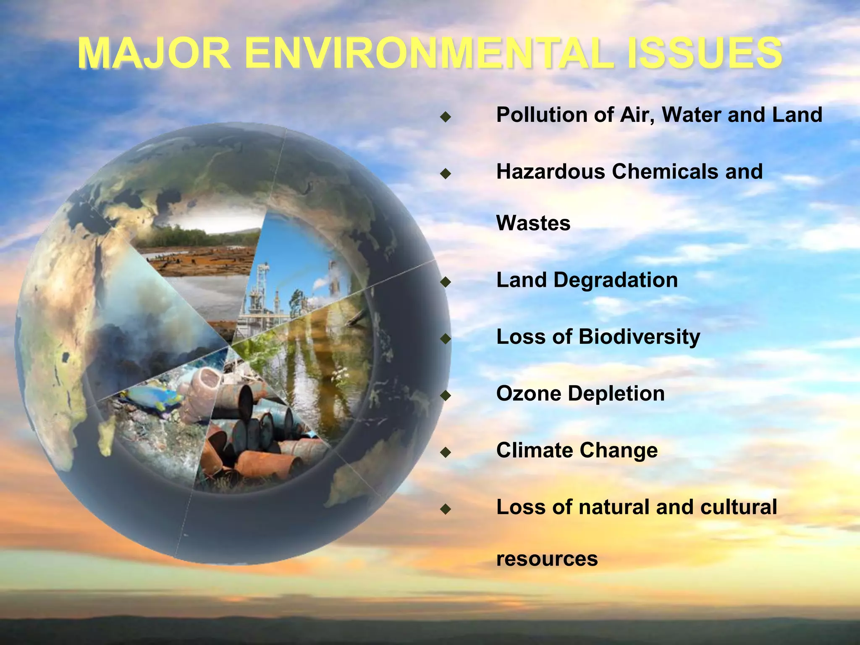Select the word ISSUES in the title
pyautogui.click(x=704, y=53)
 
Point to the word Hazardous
pyautogui.click(x=551, y=172)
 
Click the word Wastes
pyautogui.click(x=533, y=223)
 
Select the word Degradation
pyautogui.click(x=615, y=280)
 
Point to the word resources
pyautogui.click(x=547, y=559)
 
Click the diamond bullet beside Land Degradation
pyautogui.click(x=446, y=281)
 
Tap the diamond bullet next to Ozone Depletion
pyautogui.click(x=446, y=395)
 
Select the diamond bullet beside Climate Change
pyautogui.click(x=446, y=452)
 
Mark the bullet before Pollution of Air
pyautogui.click(x=446, y=116)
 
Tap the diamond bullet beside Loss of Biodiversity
pyautogui.click(x=446, y=338)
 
